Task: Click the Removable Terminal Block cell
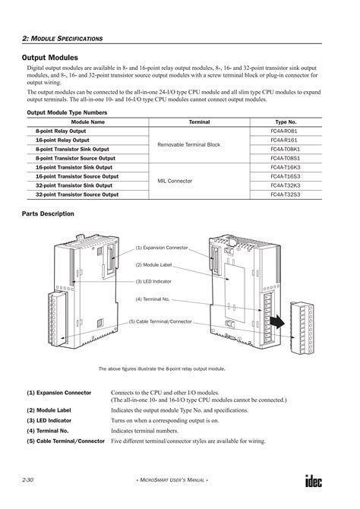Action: (x=188, y=144)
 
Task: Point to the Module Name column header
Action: (x=87, y=122)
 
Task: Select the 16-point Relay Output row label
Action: (x=62, y=141)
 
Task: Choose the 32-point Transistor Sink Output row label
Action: (x=74, y=185)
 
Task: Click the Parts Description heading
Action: (x=49, y=214)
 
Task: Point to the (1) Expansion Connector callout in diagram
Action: (x=162, y=248)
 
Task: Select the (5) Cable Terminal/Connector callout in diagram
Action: (x=160, y=321)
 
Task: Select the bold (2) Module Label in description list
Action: (x=49, y=409)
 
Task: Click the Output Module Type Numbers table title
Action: (x=67, y=112)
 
